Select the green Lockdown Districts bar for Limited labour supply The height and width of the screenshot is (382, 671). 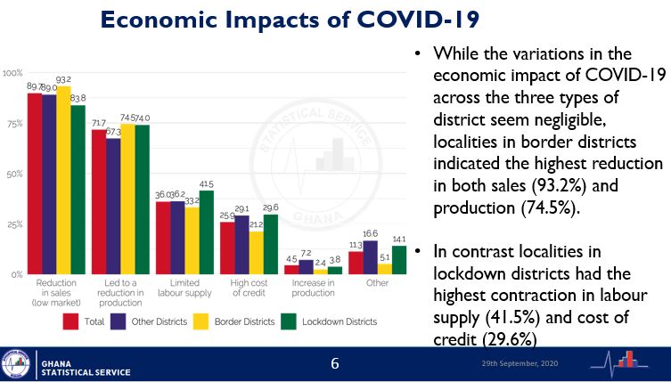[207, 232]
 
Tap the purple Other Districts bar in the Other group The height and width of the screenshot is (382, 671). [371, 257]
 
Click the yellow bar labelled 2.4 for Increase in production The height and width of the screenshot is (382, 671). [321, 271]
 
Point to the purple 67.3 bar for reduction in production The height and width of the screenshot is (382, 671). [112, 206]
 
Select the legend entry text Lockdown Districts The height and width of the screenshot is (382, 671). [341, 321]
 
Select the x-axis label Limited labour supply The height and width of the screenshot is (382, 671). [185, 288]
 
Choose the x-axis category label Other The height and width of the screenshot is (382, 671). [378, 283]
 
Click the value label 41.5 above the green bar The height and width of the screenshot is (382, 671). [208, 183]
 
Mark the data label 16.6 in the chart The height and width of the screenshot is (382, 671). [371, 232]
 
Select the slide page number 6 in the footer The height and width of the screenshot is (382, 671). [335, 365]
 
